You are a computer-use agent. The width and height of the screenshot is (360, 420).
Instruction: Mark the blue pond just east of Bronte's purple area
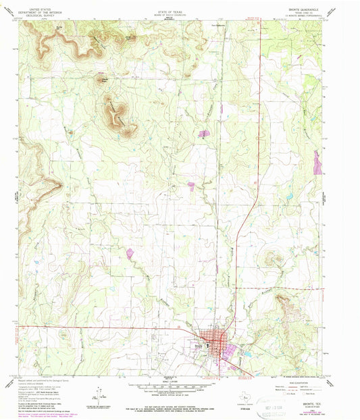(x=248, y=350)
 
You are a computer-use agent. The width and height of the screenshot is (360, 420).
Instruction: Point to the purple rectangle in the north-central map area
(x=203, y=134)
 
